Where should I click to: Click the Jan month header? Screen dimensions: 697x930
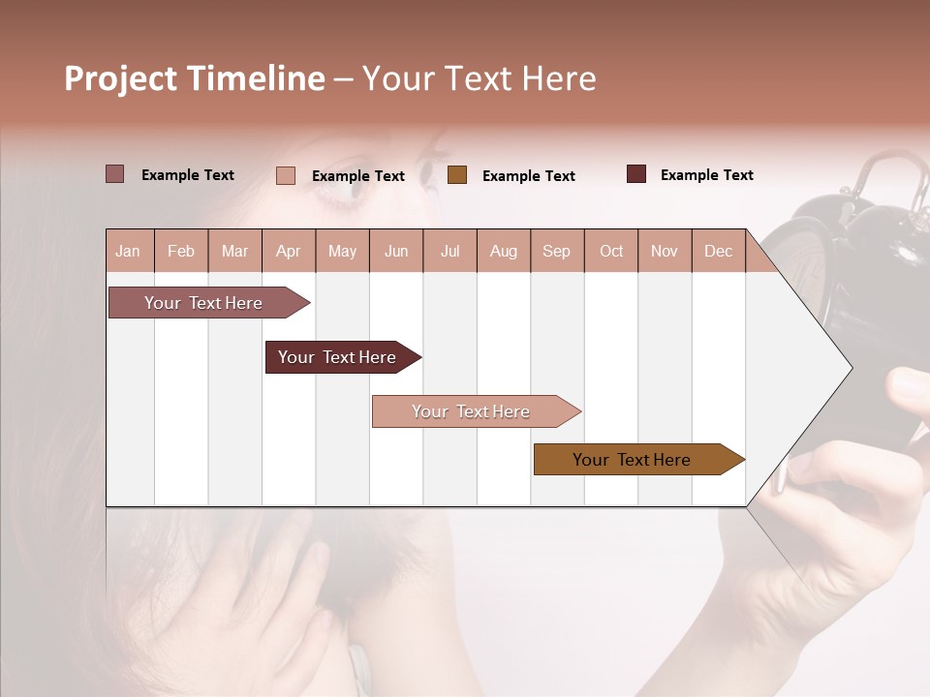[x=128, y=251]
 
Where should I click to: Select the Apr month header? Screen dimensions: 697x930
[x=288, y=251]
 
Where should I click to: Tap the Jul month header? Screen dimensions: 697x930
[x=449, y=251]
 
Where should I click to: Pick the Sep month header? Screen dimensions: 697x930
[x=556, y=251]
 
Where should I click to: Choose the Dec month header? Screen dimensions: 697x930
[x=718, y=251]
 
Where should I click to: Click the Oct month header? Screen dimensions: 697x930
[x=611, y=251]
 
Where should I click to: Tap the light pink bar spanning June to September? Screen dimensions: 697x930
[x=472, y=411]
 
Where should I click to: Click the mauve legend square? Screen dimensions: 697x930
[x=114, y=174]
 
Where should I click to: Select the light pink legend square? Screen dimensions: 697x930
[x=286, y=175]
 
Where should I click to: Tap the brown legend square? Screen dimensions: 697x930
[x=457, y=174]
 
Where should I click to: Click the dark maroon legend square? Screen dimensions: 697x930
[x=636, y=174]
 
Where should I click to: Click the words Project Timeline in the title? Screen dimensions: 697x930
[x=194, y=78]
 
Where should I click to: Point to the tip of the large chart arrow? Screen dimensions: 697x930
[x=850, y=368]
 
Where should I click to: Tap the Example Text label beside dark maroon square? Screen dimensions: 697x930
[x=706, y=174]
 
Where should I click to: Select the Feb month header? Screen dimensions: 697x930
[x=181, y=251]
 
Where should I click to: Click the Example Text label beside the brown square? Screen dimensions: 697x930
[x=528, y=175]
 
